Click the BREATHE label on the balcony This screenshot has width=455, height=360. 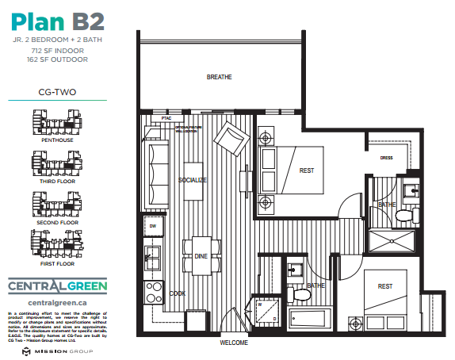click(x=219, y=78)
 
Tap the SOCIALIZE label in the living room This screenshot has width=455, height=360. click(x=192, y=180)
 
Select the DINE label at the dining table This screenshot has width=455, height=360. click(x=201, y=256)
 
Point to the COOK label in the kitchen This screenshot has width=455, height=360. click(x=178, y=293)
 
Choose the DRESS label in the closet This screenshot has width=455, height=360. click(x=388, y=157)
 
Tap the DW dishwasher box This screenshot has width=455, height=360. click(x=153, y=227)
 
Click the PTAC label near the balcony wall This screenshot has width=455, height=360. click(x=166, y=118)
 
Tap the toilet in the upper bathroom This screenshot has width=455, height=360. click(x=403, y=215)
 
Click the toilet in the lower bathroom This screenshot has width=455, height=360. click(x=300, y=294)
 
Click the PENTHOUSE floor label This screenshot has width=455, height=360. click(x=57, y=140)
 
